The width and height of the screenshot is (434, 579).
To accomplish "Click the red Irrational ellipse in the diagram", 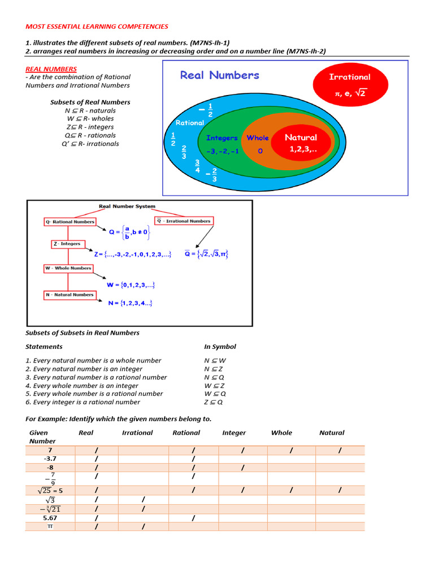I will click(350, 85).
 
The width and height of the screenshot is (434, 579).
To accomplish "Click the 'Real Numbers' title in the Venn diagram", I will click(219, 75).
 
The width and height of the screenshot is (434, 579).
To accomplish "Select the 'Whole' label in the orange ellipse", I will click(258, 138).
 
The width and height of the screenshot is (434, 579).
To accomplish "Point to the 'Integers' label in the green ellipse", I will click(222, 138).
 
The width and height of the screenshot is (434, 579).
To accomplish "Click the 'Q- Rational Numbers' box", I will click(70, 222).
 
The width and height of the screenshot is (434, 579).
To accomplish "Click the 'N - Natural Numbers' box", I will click(70, 295).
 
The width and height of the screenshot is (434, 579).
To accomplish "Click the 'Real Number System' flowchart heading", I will click(127, 206).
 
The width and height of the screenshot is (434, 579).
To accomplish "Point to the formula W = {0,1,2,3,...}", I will click(131, 284).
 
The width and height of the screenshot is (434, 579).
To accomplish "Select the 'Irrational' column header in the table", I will click(137, 433).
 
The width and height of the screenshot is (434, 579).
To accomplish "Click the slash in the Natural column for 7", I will click(340, 450).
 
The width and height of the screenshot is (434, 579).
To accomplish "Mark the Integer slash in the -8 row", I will click(242, 468).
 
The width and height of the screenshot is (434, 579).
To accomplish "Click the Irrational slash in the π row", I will click(144, 526).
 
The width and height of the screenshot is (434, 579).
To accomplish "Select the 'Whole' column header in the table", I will click(281, 433).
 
